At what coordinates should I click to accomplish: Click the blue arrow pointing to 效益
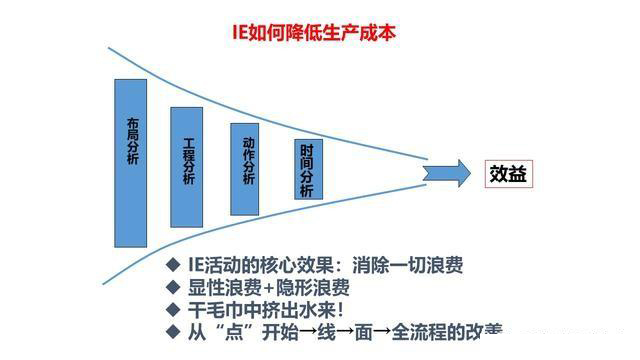click(444, 173)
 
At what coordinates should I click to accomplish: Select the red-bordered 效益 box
click(506, 173)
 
